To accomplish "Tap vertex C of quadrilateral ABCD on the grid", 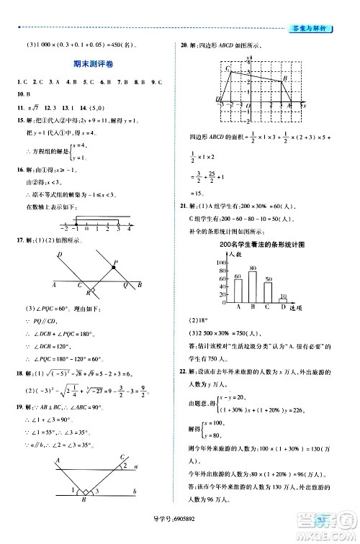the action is click(x=228, y=69).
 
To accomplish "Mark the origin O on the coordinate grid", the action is click(x=247, y=106).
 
